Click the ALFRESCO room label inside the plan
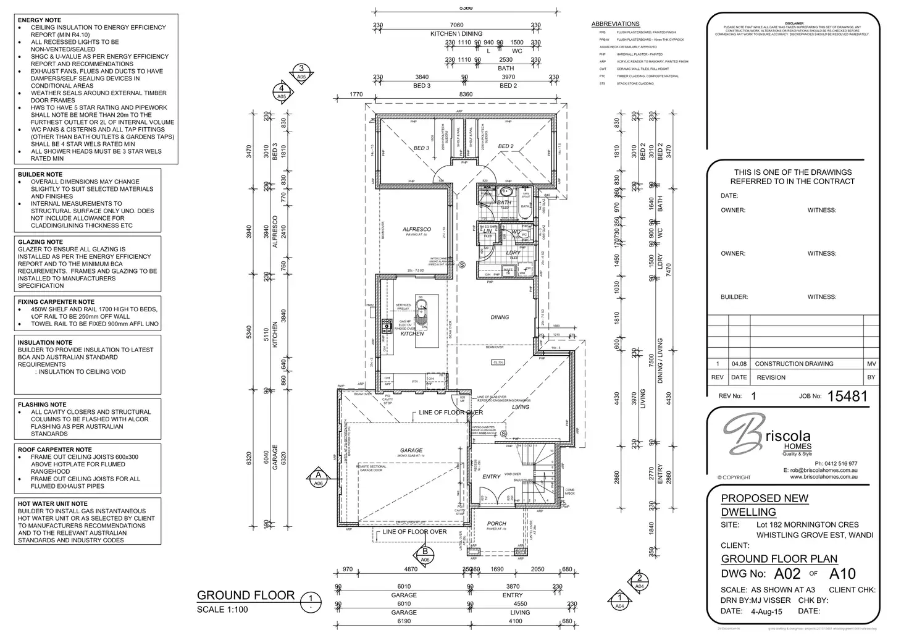(416, 229)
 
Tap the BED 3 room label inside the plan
(421, 148)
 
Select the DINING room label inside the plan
(500, 317)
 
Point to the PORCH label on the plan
(496, 523)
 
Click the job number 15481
(847, 396)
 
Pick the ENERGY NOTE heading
(40, 20)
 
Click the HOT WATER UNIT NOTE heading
(52, 503)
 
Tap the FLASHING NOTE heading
(42, 405)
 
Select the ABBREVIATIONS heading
(615, 24)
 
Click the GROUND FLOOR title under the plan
(246, 595)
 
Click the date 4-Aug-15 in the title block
(766, 611)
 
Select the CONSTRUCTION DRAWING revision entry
(794, 364)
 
